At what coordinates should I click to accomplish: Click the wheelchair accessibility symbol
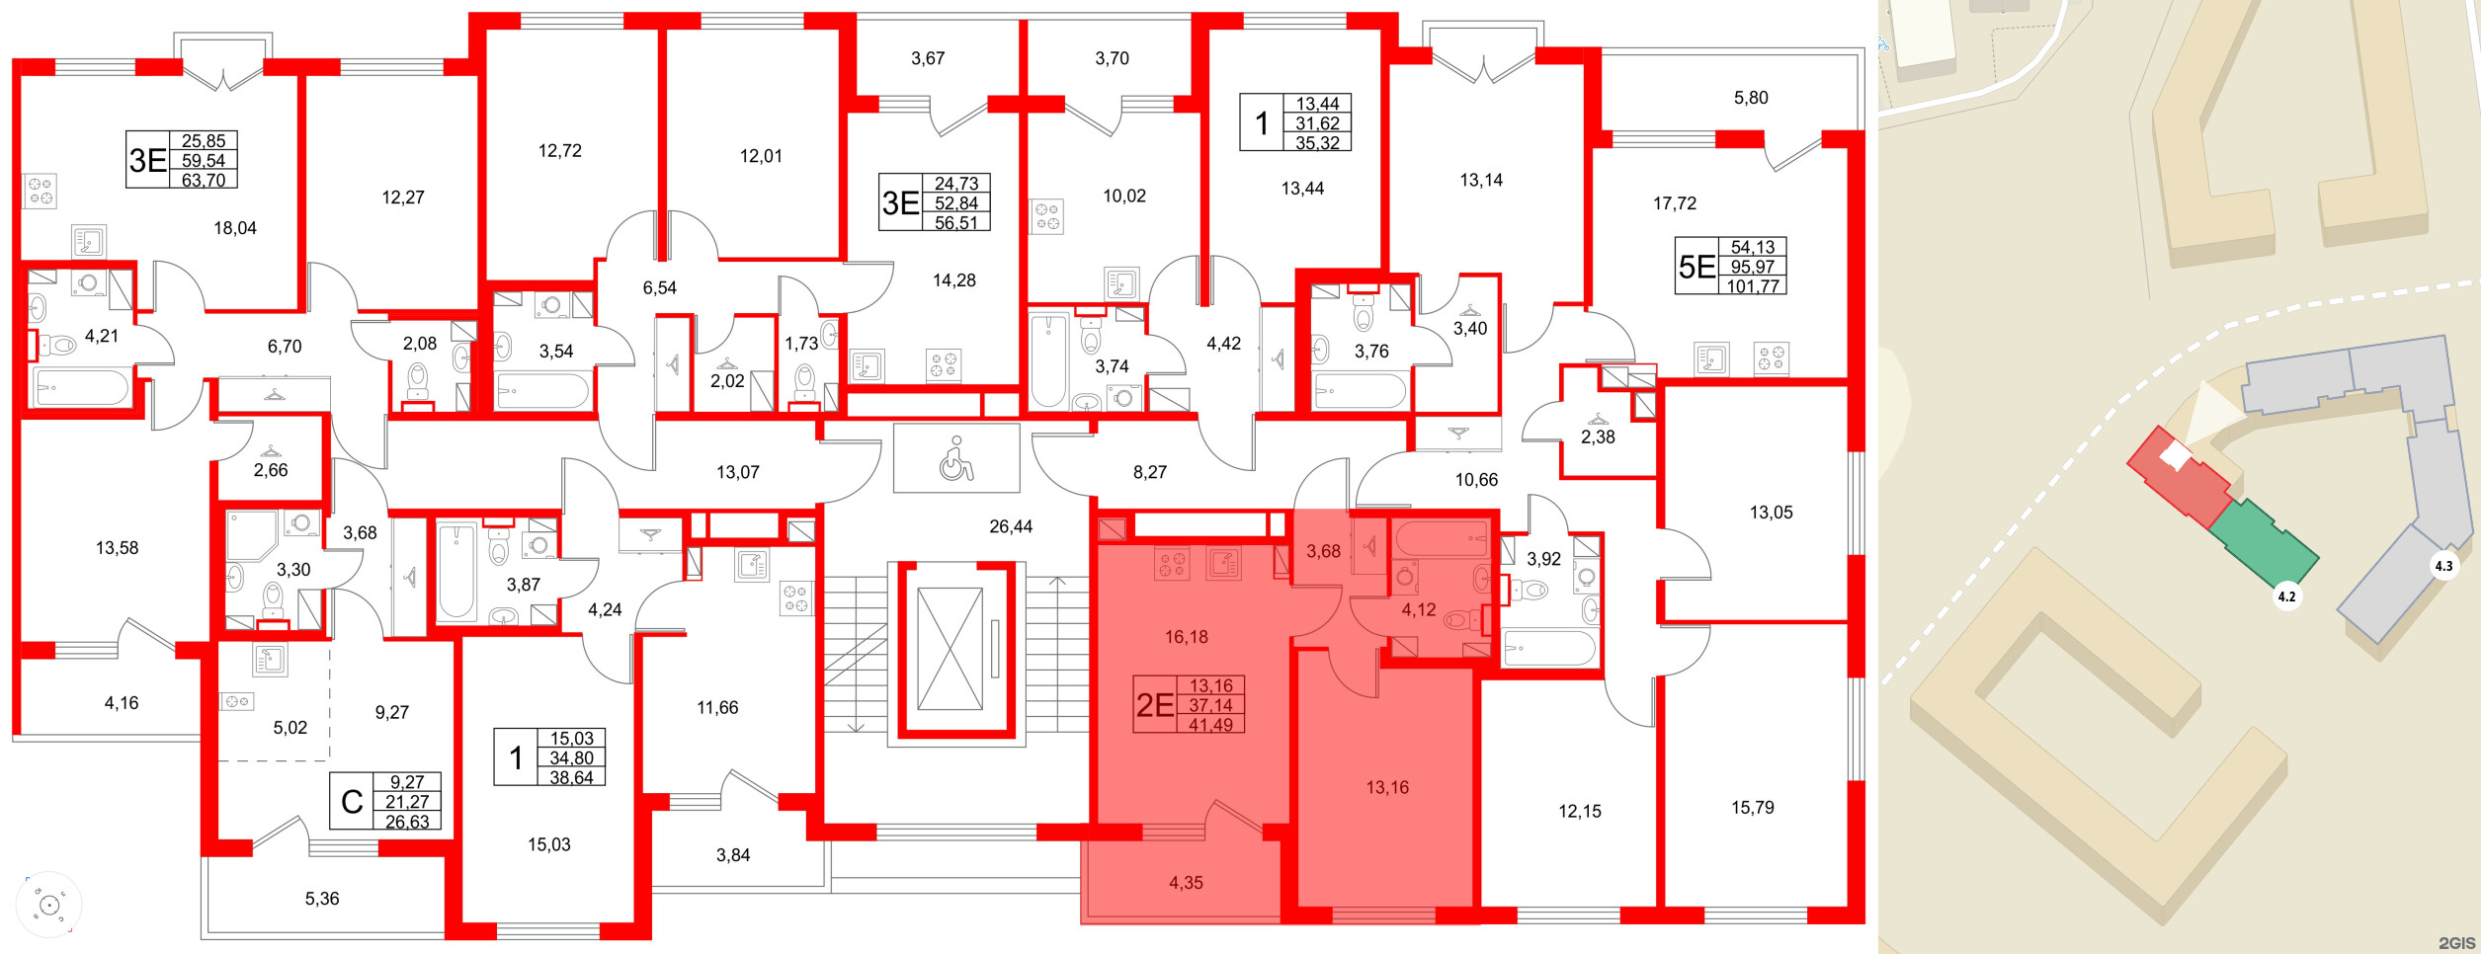955,458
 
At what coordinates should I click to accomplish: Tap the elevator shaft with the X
950,648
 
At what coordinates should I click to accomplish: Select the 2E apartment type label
1154,705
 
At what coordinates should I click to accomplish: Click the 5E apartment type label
1696,267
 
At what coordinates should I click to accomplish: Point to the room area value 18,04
235,228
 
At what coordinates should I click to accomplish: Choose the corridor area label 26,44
1011,527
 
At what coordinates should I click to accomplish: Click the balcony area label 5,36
322,899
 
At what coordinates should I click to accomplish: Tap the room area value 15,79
1752,808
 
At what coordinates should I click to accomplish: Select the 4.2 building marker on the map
2286,596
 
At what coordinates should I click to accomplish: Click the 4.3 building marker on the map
2443,566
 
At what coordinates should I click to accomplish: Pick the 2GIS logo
2457,943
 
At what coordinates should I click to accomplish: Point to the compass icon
48,905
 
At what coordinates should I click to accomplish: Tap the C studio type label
352,802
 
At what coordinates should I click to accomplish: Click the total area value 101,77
1753,286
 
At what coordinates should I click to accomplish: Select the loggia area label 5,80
1751,98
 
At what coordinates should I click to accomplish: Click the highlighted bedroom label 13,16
1387,788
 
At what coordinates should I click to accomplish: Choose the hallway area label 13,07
738,473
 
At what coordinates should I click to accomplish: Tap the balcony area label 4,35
1186,883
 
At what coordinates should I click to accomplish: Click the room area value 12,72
560,151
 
